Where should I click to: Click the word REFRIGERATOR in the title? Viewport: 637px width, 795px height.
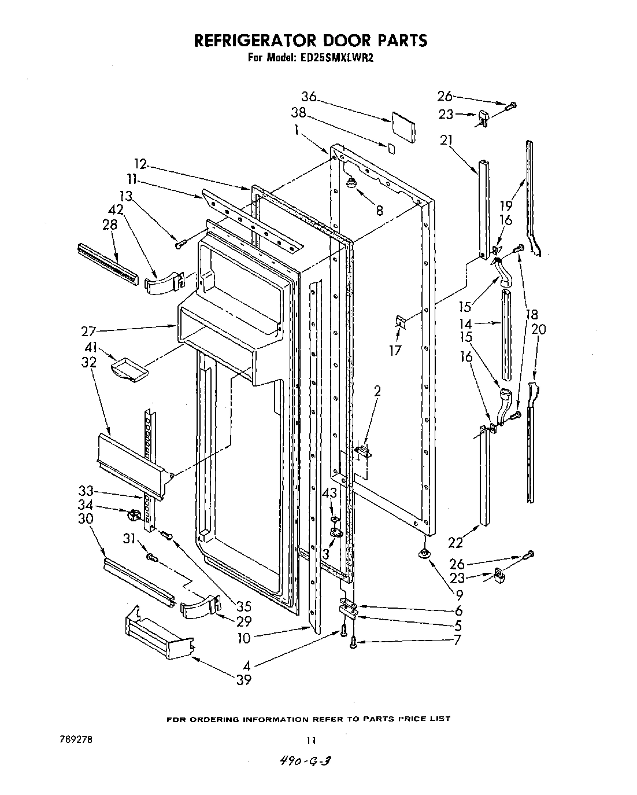pyautogui.click(x=253, y=41)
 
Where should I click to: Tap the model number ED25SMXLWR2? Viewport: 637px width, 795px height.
pyautogui.click(x=342, y=58)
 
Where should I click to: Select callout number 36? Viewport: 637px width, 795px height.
pyautogui.click(x=309, y=97)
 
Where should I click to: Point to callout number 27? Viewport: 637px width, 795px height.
pyautogui.click(x=88, y=332)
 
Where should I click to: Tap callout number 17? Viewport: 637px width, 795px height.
pyautogui.click(x=395, y=350)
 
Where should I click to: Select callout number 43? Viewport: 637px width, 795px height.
pyautogui.click(x=329, y=492)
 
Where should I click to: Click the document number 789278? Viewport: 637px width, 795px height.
pyautogui.click(x=73, y=739)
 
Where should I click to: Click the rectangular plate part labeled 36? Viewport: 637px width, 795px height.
pyautogui.click(x=403, y=127)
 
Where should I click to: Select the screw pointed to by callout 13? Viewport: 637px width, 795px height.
pyautogui.click(x=179, y=245)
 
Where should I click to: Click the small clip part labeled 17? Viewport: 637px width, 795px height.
pyautogui.click(x=399, y=322)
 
